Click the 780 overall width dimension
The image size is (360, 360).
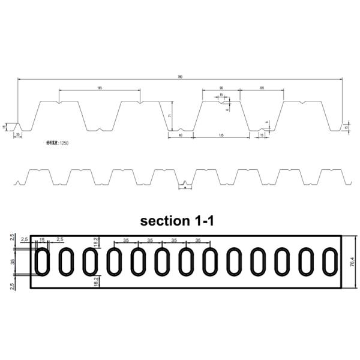point(180,76)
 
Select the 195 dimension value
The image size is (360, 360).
point(99,88)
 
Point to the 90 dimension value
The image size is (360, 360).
point(221,88)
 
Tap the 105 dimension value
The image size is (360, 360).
point(262,88)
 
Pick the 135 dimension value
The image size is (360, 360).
point(221,135)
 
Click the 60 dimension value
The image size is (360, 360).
point(181,135)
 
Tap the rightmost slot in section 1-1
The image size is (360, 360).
point(331,262)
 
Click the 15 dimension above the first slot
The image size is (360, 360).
point(42,240)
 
